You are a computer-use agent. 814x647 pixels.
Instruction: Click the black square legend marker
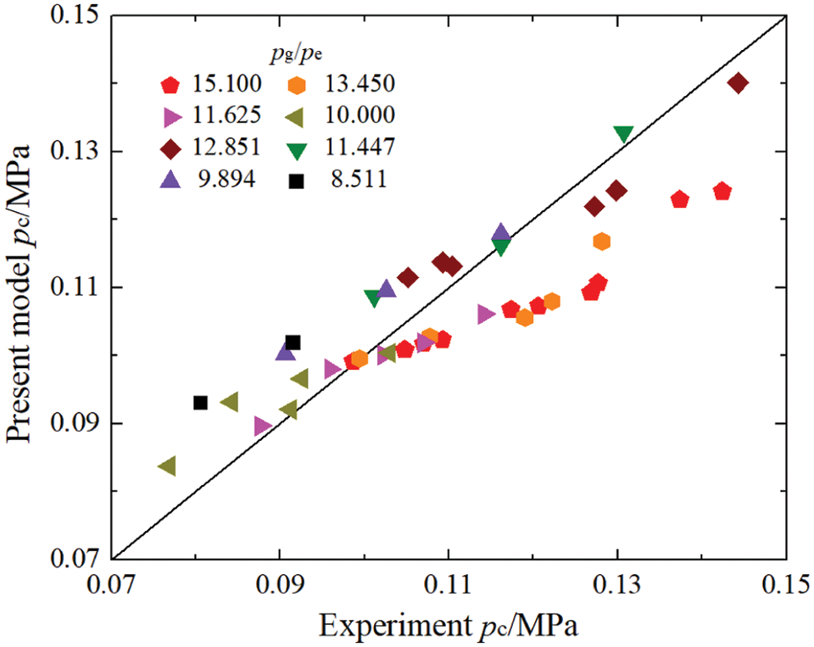click(297, 180)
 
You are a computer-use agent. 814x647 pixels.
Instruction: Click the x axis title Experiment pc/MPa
click(449, 627)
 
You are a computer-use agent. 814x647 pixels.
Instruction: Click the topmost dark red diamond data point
click(738, 83)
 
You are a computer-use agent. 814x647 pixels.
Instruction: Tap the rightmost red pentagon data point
click(722, 191)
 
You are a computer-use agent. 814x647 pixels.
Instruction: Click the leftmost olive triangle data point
click(167, 466)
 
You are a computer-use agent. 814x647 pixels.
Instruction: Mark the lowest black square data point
click(200, 403)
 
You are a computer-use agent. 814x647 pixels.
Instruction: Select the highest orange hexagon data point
click(602, 242)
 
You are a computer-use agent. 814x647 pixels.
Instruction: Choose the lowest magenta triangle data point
click(263, 427)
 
